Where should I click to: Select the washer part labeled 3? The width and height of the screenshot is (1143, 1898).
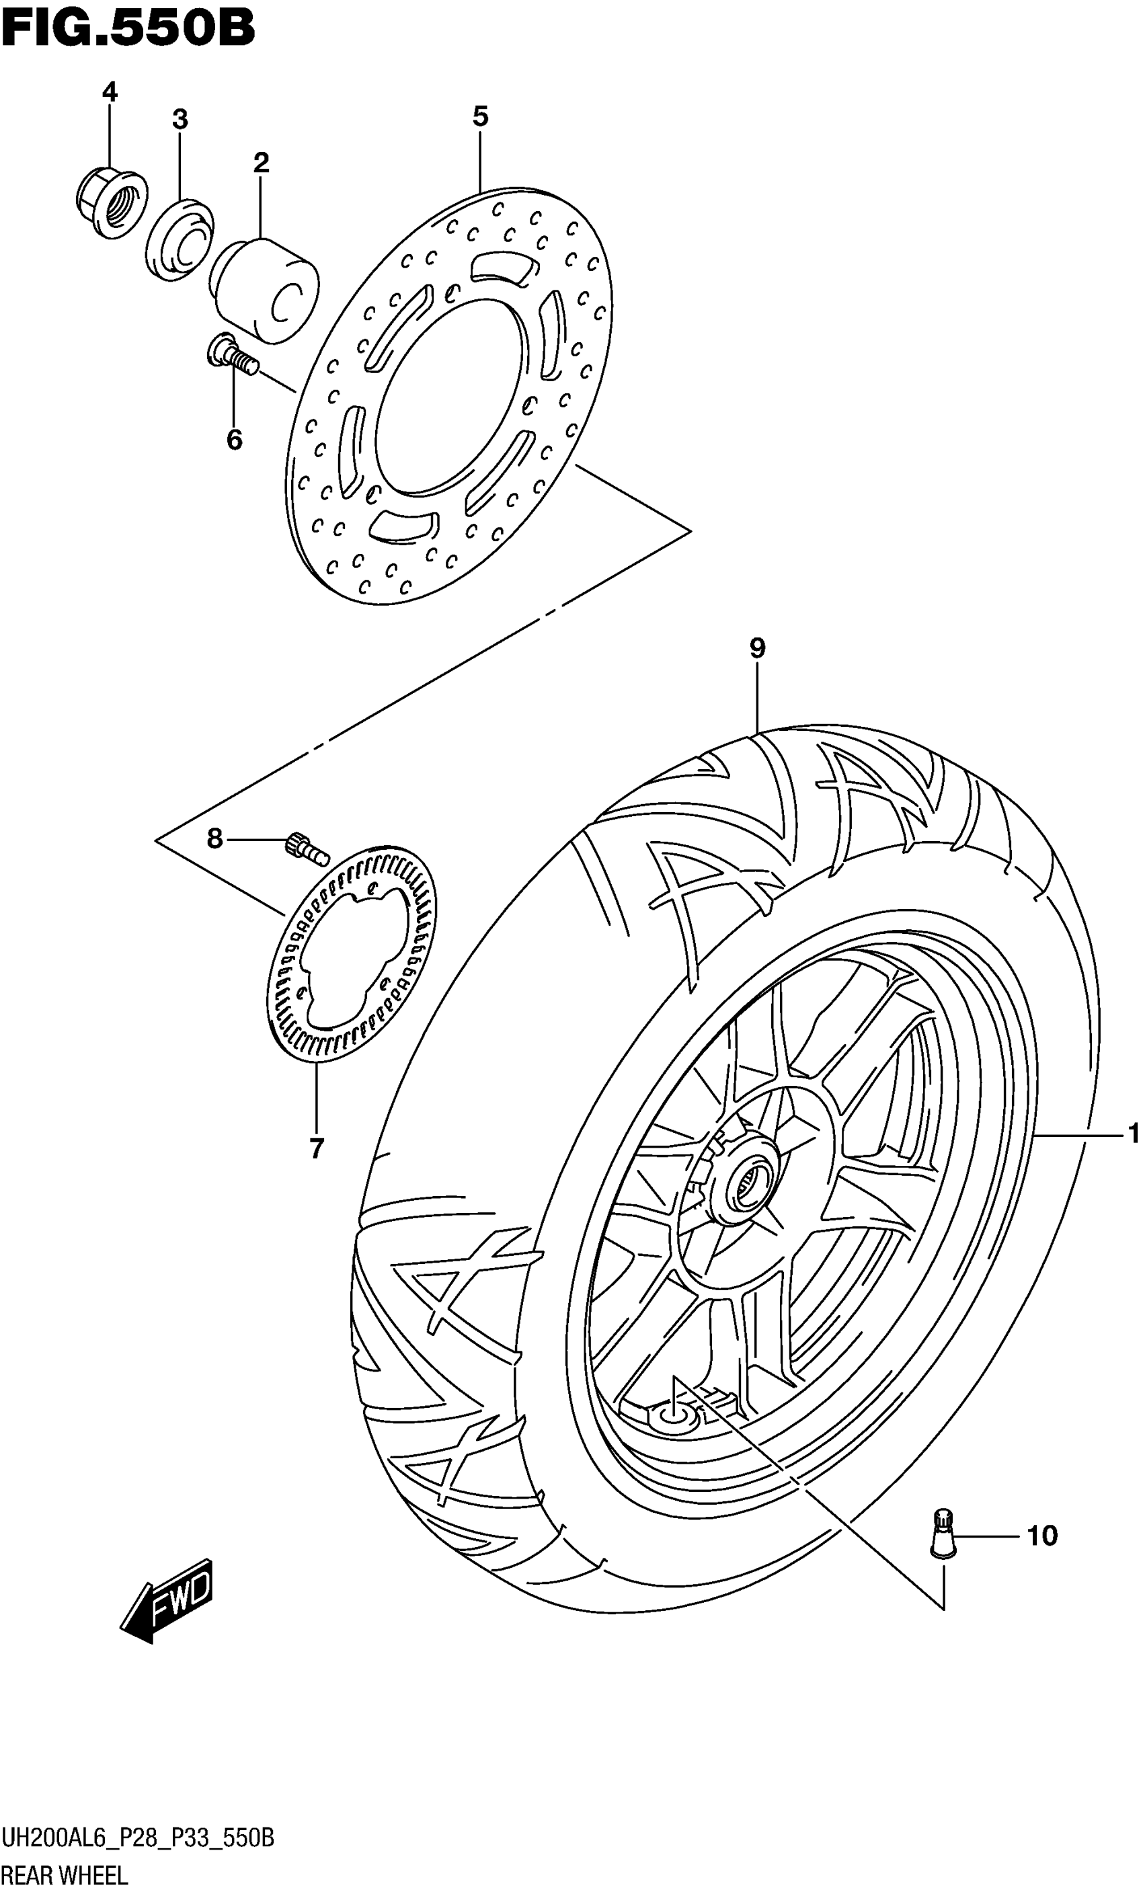180,239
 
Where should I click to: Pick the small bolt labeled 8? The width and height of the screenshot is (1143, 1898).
307,848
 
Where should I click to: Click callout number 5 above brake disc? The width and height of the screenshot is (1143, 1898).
480,117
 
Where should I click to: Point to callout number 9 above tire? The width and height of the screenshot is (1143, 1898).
757,648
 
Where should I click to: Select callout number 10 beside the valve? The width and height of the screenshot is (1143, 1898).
1042,1537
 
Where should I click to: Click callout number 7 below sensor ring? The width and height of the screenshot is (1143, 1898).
317,1150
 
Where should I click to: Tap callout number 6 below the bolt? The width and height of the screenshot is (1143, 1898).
234,440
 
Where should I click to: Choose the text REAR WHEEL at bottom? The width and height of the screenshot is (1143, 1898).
65,1876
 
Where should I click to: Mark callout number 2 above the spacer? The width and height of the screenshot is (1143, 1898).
260,163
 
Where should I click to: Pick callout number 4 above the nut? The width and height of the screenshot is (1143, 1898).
110,92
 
